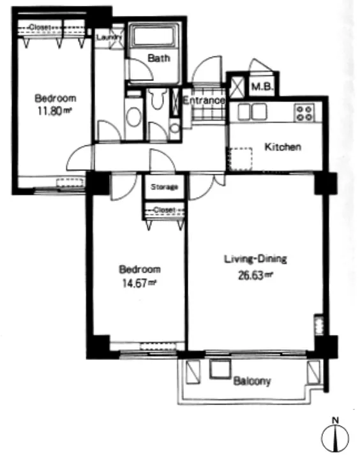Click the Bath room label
click(x=159, y=58)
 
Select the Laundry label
click(x=109, y=38)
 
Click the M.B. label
click(x=262, y=86)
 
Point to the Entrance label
click(x=204, y=100)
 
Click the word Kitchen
click(x=283, y=147)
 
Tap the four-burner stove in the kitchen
click(x=304, y=113)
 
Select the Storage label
click(x=164, y=187)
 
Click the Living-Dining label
click(x=255, y=258)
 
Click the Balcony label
click(x=252, y=381)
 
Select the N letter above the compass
click(x=335, y=420)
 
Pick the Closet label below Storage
click(x=164, y=209)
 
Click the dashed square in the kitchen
click(x=241, y=160)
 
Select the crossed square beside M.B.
click(x=237, y=87)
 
